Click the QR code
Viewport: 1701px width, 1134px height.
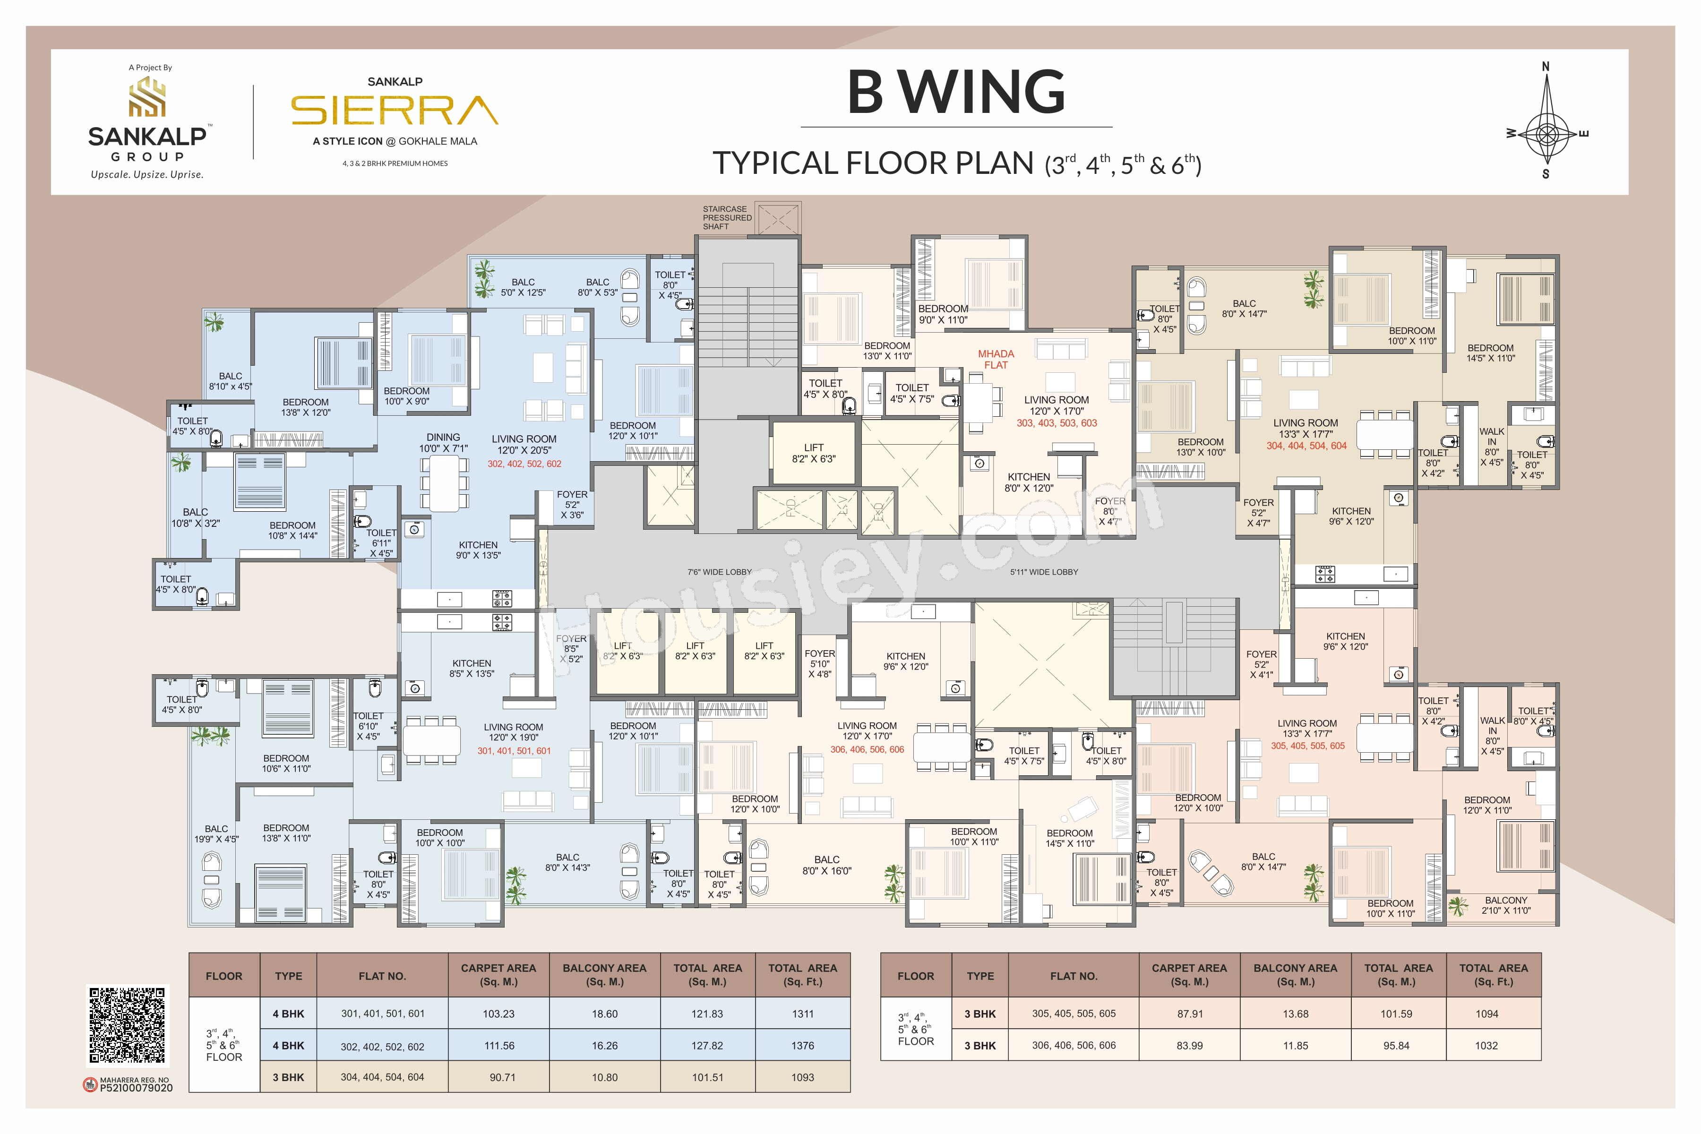tap(127, 1025)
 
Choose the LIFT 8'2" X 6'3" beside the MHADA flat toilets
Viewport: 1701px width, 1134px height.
tap(814, 453)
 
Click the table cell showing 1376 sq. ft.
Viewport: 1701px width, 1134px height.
tap(803, 1046)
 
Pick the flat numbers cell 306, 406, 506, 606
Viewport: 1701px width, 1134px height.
tap(1074, 1045)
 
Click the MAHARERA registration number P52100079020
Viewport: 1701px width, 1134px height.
tap(136, 1088)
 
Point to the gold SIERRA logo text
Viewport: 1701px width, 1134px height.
tap(395, 111)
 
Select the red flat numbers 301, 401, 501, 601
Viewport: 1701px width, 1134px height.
tap(514, 751)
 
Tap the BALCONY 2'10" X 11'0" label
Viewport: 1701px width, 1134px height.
tap(1506, 905)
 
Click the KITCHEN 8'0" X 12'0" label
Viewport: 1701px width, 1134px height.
tap(1029, 482)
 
